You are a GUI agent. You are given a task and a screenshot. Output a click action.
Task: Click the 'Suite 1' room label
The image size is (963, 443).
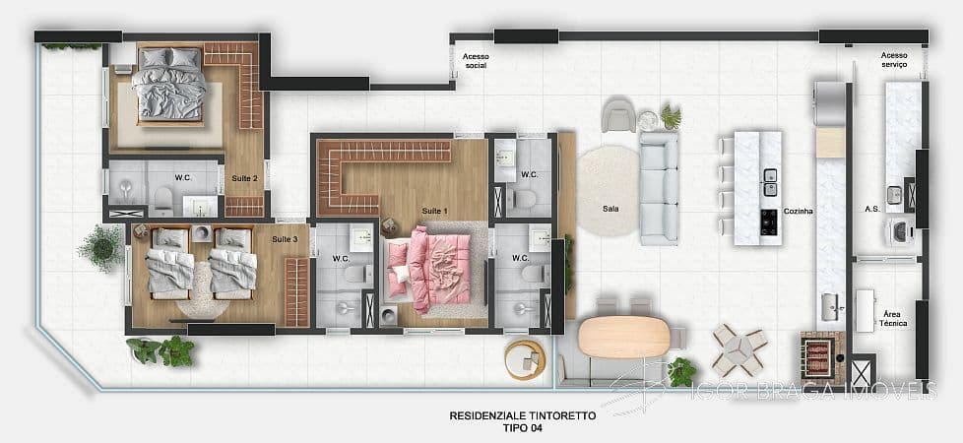(434, 212)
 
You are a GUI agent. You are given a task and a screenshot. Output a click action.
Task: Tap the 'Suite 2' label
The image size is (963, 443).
(244, 178)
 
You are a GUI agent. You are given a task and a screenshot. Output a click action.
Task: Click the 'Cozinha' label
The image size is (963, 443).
(799, 211)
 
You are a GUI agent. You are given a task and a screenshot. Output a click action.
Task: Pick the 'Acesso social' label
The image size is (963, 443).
(476, 62)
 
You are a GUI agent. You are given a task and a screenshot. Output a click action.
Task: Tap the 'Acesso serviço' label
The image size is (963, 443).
(894, 59)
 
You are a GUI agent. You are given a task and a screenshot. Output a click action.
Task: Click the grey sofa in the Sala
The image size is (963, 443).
(658, 187)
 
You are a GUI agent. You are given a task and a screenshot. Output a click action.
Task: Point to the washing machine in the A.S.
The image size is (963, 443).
(898, 231)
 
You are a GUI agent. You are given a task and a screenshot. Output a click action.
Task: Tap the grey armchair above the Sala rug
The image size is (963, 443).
(619, 114)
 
